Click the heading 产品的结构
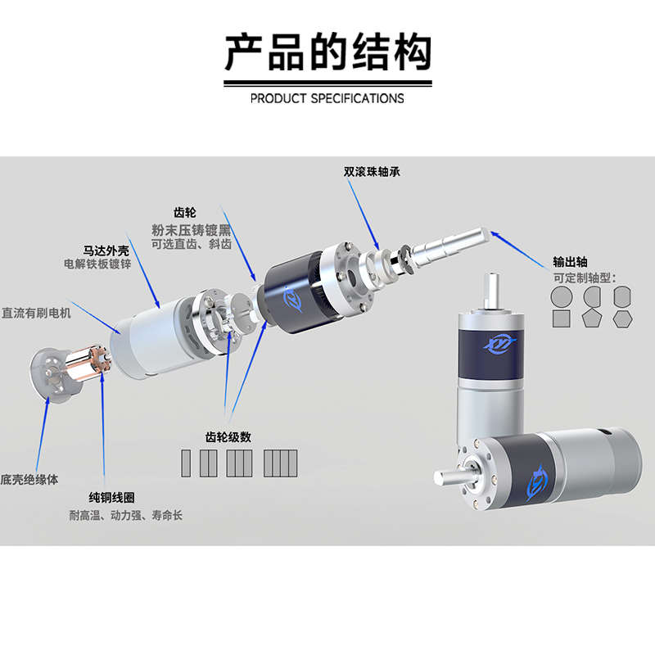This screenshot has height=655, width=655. click(327, 52)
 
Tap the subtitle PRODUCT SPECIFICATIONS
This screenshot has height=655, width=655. click(327, 98)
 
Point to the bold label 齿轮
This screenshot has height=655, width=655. click(185, 212)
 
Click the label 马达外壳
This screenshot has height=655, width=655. click(106, 248)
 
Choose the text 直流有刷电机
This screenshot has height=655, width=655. click(37, 313)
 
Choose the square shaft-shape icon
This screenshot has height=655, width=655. click(562, 317)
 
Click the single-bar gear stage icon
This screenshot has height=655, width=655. click(185, 463)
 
